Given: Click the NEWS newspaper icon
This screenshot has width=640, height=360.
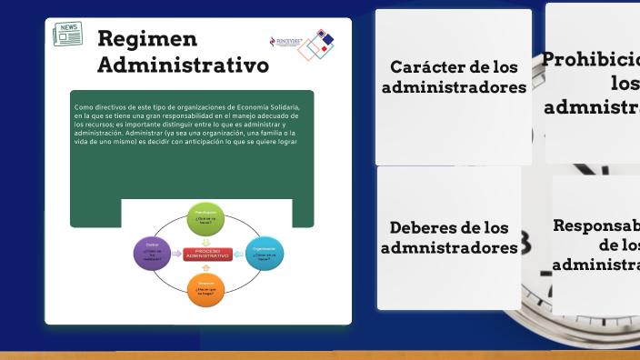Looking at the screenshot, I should pos(67,35).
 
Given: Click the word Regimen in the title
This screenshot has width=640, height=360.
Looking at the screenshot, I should pos(147,38).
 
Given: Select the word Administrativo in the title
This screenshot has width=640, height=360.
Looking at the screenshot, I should pos(183,65).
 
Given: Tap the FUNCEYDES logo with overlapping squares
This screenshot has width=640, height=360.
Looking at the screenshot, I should pos(304,43).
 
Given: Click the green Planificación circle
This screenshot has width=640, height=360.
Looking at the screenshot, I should pos(205,218).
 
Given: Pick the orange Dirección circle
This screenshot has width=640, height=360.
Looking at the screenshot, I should pos(205,289).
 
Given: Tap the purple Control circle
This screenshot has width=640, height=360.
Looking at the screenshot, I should pos(152,253).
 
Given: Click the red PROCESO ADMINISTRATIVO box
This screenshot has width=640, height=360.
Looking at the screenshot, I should pos(208,254).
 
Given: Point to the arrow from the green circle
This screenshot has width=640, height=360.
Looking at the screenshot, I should pos(205,240).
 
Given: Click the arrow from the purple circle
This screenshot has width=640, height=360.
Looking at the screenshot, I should pos(176,254).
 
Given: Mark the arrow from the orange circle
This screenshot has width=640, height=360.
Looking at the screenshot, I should pos(205,268).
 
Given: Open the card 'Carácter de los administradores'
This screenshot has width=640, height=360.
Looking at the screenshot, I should pos(453,87).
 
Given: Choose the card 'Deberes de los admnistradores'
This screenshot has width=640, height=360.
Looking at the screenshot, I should pos(449,237).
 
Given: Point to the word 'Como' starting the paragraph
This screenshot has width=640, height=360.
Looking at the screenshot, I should pos(83,107).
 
